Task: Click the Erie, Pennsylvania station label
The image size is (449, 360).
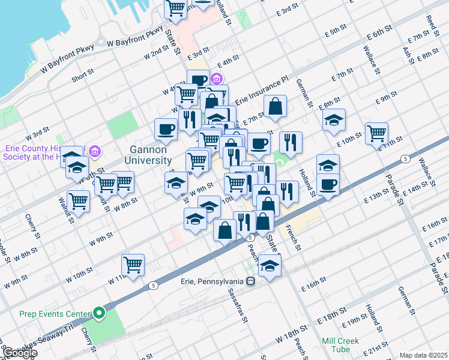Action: click(x=211, y=281)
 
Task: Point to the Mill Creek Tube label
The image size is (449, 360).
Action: click(x=340, y=345)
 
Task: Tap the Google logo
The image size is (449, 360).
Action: click(x=19, y=353)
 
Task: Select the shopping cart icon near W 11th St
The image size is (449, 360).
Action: click(x=133, y=264)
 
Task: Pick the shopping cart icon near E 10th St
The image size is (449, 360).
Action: click(x=376, y=133)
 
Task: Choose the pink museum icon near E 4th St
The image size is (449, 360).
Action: click(x=216, y=79)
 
